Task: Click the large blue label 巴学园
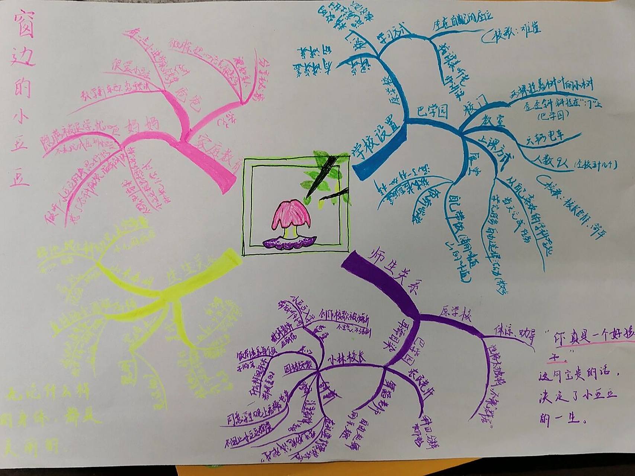pyautogui.click(x=432, y=111)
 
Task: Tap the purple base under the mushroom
pyautogui.click(x=288, y=244)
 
